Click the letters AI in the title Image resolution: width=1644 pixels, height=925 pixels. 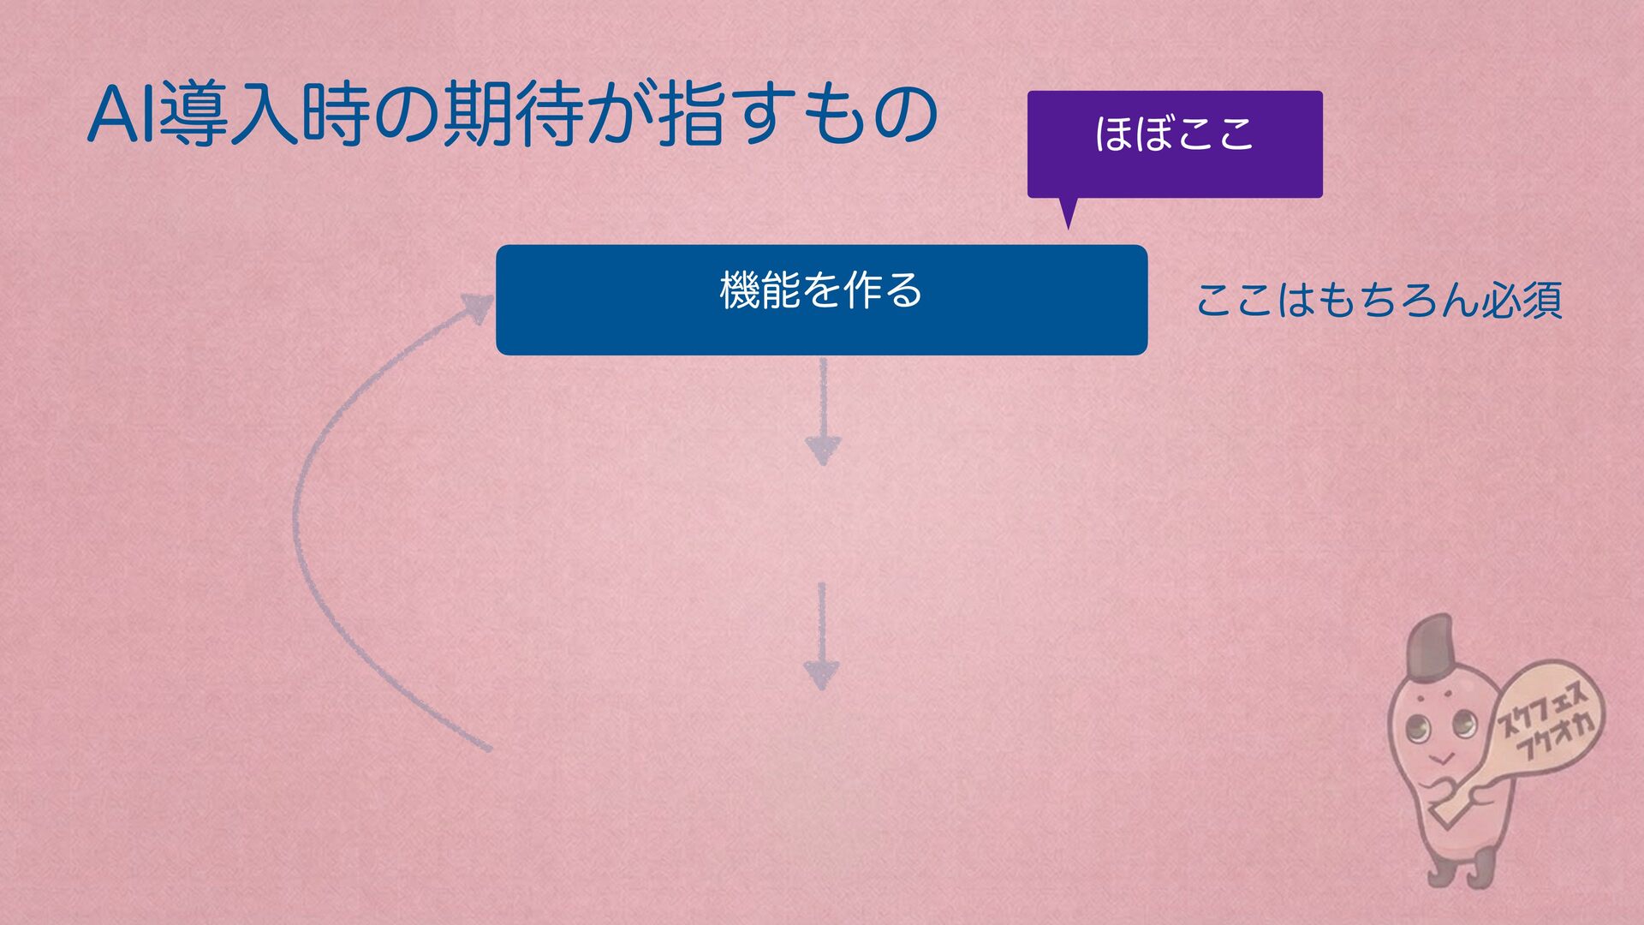click(x=122, y=116)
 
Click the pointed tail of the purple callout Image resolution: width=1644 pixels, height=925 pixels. click(x=1067, y=216)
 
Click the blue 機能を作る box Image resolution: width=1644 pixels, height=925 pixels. click(x=821, y=299)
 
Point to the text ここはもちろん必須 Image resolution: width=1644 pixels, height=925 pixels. click(x=1378, y=300)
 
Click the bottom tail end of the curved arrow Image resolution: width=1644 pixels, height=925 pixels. click(x=485, y=748)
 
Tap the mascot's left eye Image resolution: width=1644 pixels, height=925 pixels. click(x=1419, y=729)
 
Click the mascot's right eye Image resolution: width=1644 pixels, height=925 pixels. click(x=1464, y=725)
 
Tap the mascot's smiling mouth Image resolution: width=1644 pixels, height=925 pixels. click(x=1443, y=758)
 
